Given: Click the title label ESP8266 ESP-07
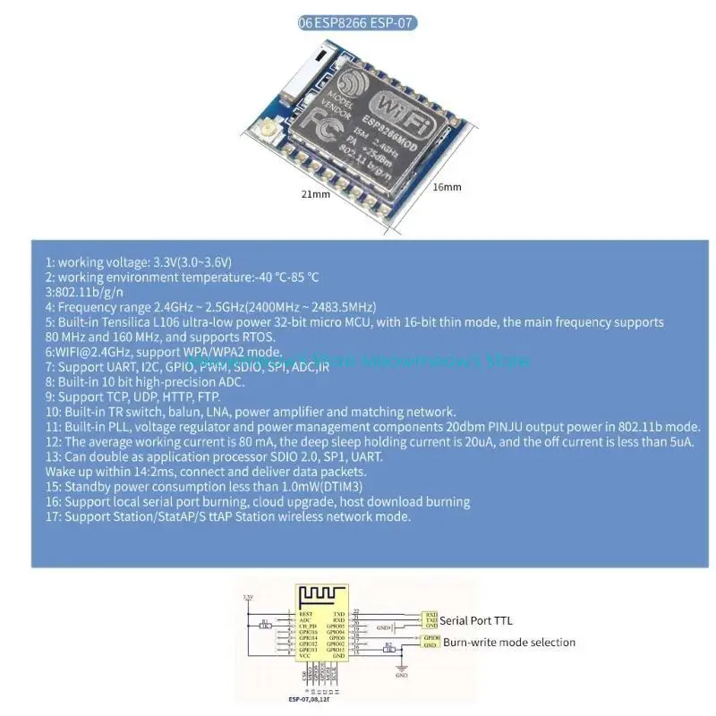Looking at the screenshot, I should coord(358,24).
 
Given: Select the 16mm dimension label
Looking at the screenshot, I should coord(447,186).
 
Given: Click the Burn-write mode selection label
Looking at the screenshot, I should coord(509,642).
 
